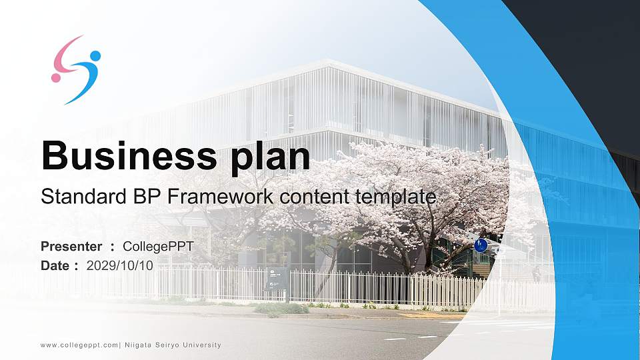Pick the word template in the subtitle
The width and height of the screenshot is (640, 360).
tap(395, 197)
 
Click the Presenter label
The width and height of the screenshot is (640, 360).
tap(71, 247)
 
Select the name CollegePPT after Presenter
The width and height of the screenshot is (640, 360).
tap(158, 247)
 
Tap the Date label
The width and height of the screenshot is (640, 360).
tap(55, 265)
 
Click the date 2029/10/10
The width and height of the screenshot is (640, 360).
tap(120, 265)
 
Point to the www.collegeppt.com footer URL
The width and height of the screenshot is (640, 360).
tap(79, 345)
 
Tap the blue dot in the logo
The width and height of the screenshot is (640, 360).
tap(95, 55)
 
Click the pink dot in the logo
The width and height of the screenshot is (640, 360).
tap(56, 78)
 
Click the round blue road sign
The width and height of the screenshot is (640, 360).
tap(481, 245)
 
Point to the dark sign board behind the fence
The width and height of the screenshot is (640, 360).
tap(276, 278)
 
